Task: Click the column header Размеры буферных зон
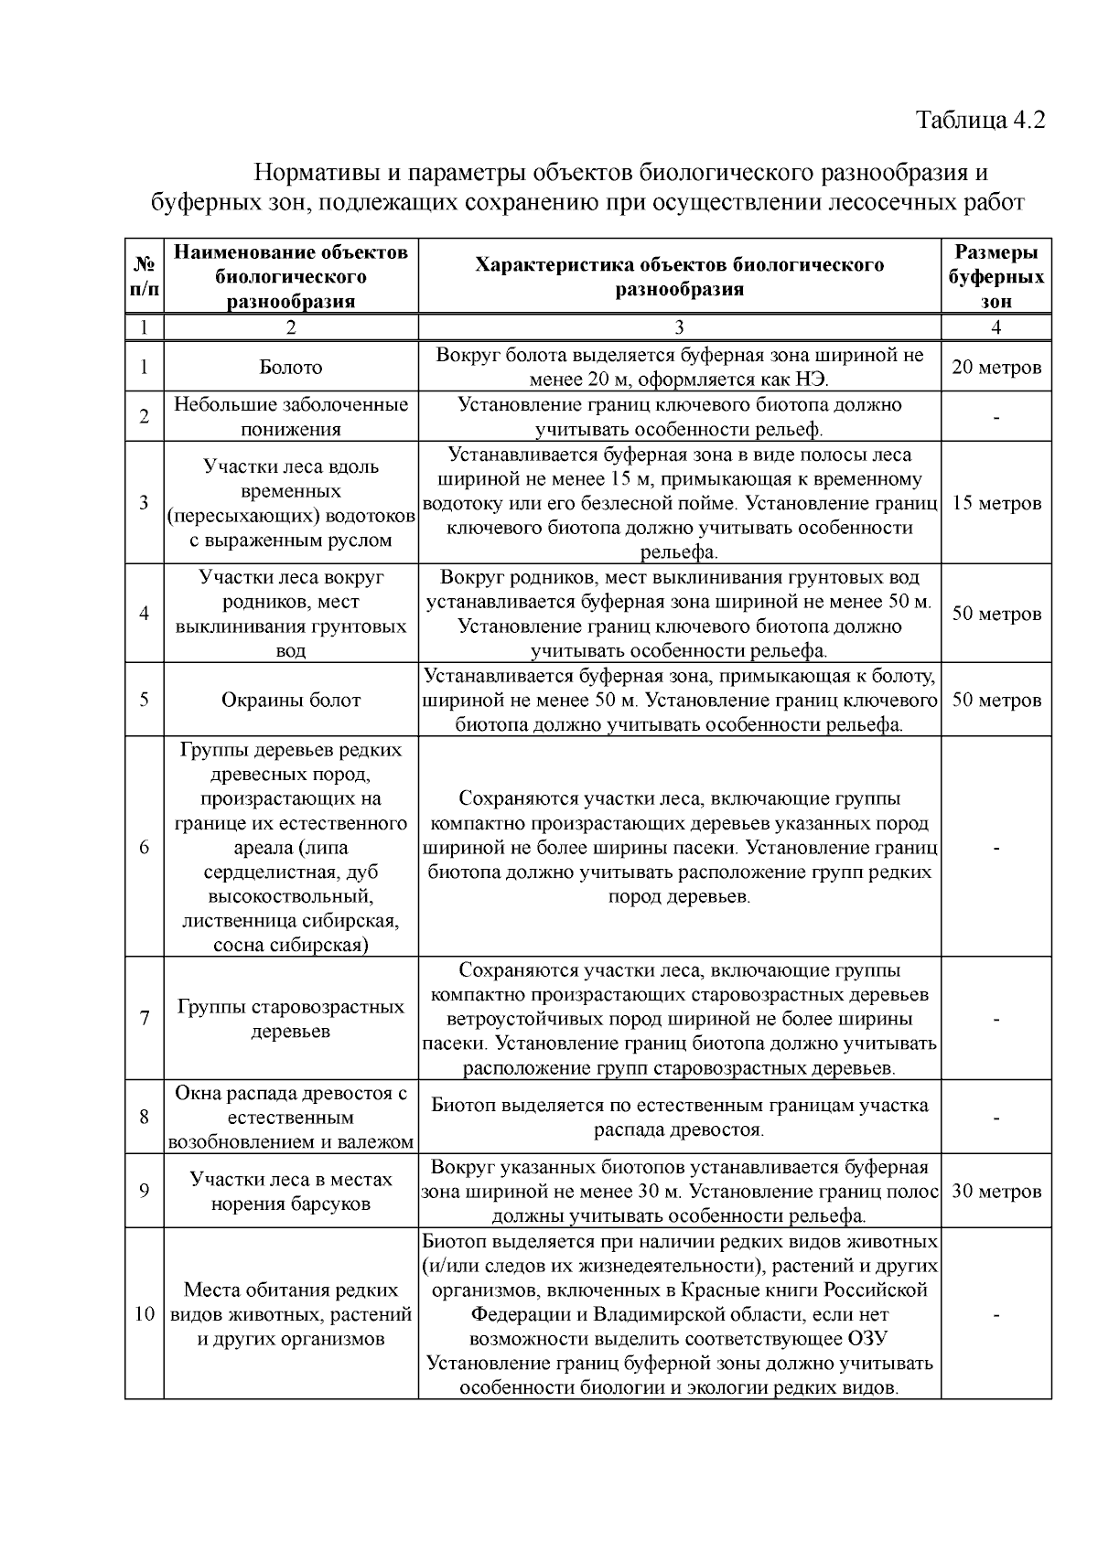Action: [x=996, y=276]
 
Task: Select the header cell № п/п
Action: [x=144, y=276]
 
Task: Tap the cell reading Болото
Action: [x=291, y=368]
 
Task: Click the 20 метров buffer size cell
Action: [x=996, y=368]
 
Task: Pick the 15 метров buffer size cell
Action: [x=996, y=503]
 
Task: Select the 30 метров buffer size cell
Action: [x=996, y=1192]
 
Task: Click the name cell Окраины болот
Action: [x=291, y=701]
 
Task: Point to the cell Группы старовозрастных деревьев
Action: [x=291, y=1019]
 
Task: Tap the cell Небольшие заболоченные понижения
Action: [x=291, y=417]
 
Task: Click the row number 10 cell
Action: [x=144, y=1315]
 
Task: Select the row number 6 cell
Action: [x=144, y=847]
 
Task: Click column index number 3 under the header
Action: [x=679, y=327]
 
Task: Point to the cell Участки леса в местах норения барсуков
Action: [x=291, y=1192]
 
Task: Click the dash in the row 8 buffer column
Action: [x=996, y=1117]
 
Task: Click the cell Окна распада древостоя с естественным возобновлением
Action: [x=291, y=1117]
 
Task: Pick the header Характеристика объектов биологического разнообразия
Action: [x=679, y=276]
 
